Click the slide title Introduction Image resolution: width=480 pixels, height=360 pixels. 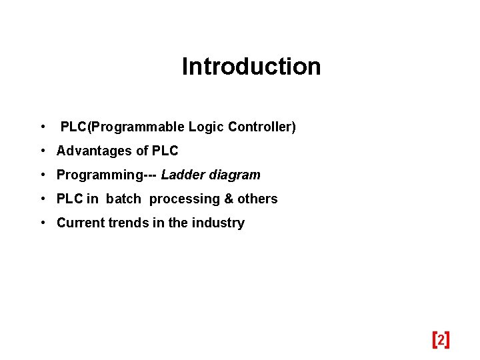(251, 67)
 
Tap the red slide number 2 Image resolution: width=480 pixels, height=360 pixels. (441, 340)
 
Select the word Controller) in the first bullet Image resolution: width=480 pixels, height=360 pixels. (262, 127)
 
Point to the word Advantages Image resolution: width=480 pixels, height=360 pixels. (94, 151)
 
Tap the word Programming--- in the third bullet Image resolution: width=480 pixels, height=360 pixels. (107, 175)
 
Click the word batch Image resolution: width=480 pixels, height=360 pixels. (124, 199)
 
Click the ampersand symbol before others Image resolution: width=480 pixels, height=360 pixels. (229, 199)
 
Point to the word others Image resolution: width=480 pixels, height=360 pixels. (258, 199)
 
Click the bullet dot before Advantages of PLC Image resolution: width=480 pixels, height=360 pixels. (42, 151)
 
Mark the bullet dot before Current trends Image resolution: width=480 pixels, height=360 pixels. (42, 223)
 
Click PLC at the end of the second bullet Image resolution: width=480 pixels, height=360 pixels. (165, 151)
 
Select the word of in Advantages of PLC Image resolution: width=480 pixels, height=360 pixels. (142, 151)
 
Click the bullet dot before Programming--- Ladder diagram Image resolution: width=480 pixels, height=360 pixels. (42, 175)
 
